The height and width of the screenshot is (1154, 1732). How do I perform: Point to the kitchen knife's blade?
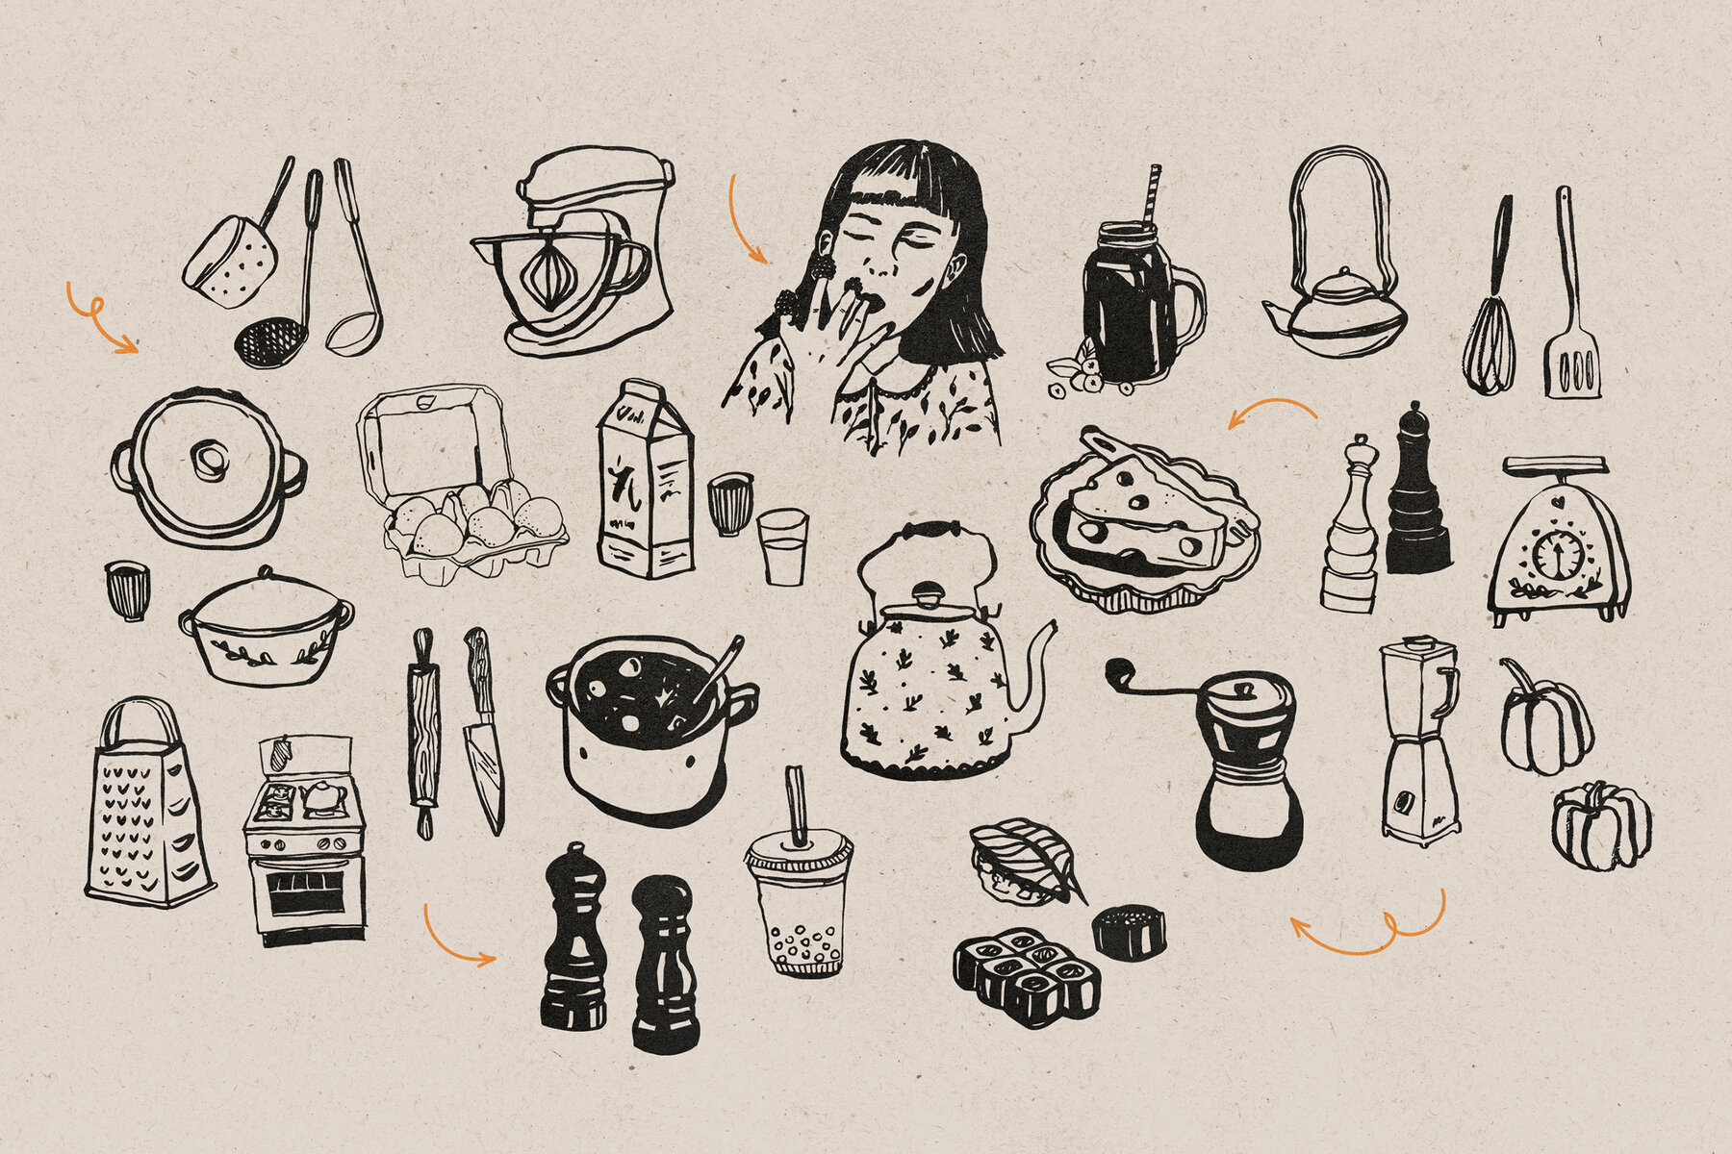pyautogui.click(x=485, y=774)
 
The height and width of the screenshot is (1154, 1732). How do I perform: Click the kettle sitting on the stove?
pyautogui.click(x=323, y=795)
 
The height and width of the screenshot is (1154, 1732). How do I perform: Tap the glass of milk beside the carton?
pyautogui.click(x=781, y=548)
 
